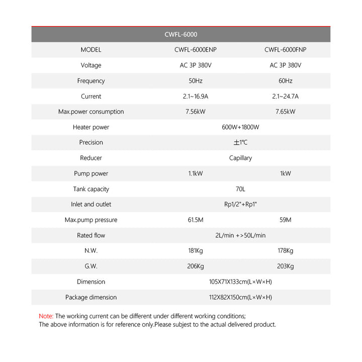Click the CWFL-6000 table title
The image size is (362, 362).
pyautogui.click(x=181, y=35)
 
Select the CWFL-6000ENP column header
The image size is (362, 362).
pyautogui.click(x=195, y=50)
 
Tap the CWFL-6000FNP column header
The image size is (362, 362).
pyautogui.click(x=285, y=50)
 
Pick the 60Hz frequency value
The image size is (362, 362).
pyautogui.click(x=285, y=81)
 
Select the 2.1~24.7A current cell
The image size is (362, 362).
pyautogui.click(x=285, y=97)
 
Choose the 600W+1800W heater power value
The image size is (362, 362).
pyautogui.click(x=240, y=127)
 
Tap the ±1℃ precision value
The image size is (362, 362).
pyautogui.click(x=240, y=143)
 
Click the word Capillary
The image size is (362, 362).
pyautogui.click(x=240, y=158)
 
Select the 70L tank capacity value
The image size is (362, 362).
pyautogui.click(x=240, y=189)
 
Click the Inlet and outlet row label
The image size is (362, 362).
pyautogui.click(x=91, y=204)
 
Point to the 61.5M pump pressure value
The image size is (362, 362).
pyautogui.click(x=195, y=220)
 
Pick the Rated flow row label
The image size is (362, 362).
pyautogui.click(x=91, y=235)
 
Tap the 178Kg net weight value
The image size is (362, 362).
pyautogui.click(x=285, y=251)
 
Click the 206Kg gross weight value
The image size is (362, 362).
pyautogui.click(x=195, y=266)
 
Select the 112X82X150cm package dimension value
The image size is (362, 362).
pyautogui.click(x=240, y=297)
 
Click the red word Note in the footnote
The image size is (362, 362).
pyautogui.click(x=46, y=316)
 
